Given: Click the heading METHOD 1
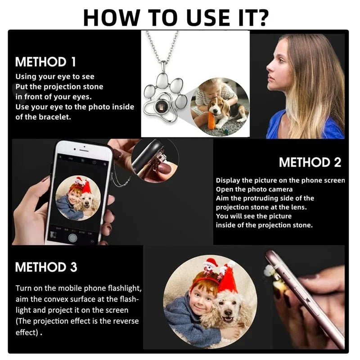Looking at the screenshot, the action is [x=45, y=62].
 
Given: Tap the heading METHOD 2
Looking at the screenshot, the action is [x=310, y=162].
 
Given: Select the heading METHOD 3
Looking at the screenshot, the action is [x=46, y=267].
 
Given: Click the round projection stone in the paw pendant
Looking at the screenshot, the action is [x=160, y=106].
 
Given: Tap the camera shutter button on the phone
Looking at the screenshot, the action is [x=72, y=238].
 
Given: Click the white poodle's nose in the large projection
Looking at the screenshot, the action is [x=228, y=312].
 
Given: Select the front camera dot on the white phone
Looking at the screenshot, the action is [x=84, y=146].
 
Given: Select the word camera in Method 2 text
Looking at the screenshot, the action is [x=282, y=189].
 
